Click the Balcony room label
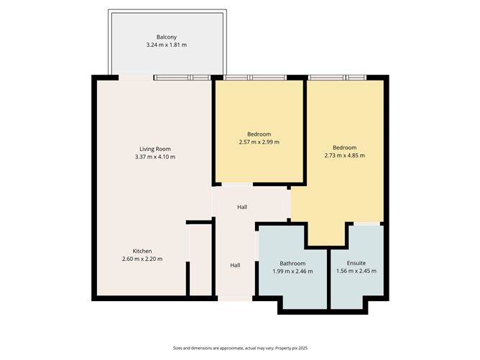pyautogui.click(x=167, y=37)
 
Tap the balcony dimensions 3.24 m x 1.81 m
pyautogui.click(x=167, y=45)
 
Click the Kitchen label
pyautogui.click(x=142, y=251)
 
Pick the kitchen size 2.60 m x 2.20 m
pyautogui.click(x=142, y=259)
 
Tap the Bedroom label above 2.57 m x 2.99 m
pyautogui.click(x=259, y=134)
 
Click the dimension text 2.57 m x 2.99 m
pyautogui.click(x=259, y=142)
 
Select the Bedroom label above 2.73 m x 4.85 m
pyautogui.click(x=344, y=148)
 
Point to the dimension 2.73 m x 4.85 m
pyautogui.click(x=344, y=156)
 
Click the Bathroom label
pyautogui.click(x=292, y=263)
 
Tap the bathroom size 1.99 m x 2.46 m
pyautogui.click(x=292, y=271)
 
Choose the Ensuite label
pyautogui.click(x=356, y=263)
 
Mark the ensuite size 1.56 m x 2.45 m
pyautogui.click(x=356, y=271)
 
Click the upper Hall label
pyautogui.click(x=242, y=207)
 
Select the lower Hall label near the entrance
pyautogui.click(x=235, y=265)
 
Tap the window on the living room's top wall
pyautogui.click(x=181, y=77)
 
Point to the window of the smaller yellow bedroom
pyautogui.click(x=250, y=77)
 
